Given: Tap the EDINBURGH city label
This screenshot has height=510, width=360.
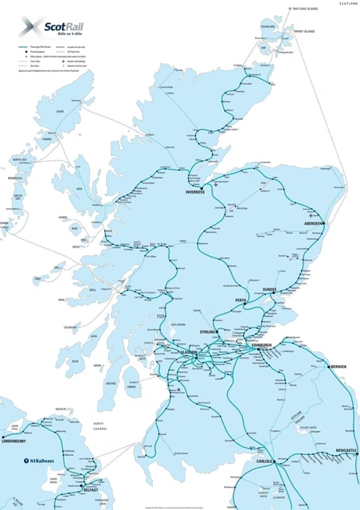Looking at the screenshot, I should (x=260, y=345).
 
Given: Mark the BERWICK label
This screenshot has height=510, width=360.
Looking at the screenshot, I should (x=338, y=367).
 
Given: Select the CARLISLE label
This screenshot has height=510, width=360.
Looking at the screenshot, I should (x=264, y=461).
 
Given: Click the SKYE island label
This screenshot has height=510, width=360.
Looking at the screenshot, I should (x=79, y=189).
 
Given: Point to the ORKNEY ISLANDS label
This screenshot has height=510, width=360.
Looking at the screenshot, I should (x=303, y=32).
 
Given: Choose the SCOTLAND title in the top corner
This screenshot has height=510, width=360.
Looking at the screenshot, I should (x=348, y=4).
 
